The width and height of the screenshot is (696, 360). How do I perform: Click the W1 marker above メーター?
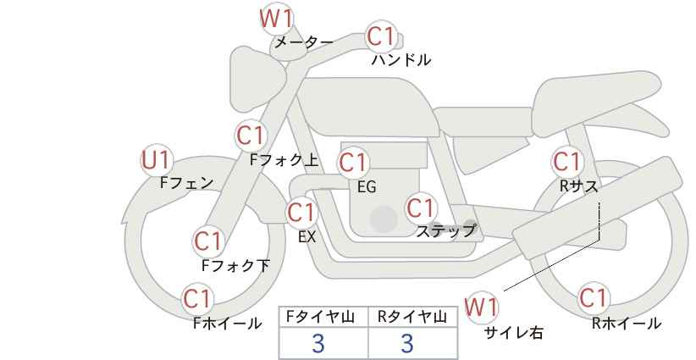(276, 19)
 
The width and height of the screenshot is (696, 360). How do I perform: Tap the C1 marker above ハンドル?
(381, 36)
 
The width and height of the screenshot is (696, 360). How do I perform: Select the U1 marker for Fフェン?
(157, 160)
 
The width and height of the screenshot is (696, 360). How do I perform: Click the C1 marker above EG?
(353, 163)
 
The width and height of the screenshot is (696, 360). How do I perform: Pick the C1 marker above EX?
(302, 213)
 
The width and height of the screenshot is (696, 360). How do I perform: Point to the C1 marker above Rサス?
(566, 162)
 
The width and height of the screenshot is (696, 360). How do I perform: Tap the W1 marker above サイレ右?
(482, 307)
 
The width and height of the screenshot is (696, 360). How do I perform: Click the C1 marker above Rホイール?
(593, 298)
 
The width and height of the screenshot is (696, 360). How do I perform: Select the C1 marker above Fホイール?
(197, 299)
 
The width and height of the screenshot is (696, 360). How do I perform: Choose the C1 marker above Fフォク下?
(208, 241)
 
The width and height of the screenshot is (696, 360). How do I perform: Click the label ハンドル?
(401, 59)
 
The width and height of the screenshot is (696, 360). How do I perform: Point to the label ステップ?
(445, 231)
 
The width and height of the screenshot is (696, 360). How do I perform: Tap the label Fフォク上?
(284, 160)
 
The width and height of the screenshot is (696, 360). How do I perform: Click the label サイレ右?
(514, 333)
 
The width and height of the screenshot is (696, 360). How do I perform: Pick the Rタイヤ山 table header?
(412, 317)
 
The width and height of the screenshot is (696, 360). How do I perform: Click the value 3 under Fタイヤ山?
(318, 343)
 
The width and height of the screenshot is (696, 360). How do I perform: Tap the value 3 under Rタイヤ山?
(407, 343)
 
